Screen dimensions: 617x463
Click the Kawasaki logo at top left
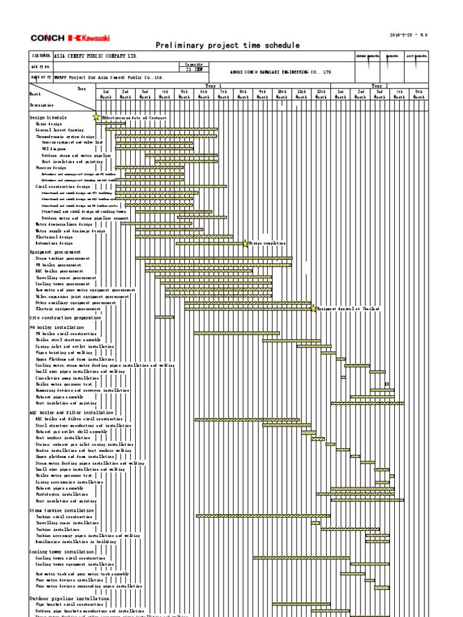[x=90, y=38]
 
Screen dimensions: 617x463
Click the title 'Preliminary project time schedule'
[x=227, y=45]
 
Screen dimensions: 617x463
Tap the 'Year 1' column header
[x=213, y=86]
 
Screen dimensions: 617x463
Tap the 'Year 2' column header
[x=380, y=86]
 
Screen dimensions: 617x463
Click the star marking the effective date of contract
[x=96, y=117]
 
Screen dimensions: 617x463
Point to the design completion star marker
[x=245, y=243]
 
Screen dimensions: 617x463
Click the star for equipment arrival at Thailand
[x=313, y=308]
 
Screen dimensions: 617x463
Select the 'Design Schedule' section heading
[x=49, y=117]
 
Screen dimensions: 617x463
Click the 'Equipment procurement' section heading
[x=55, y=252]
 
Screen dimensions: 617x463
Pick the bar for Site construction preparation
[x=164, y=317]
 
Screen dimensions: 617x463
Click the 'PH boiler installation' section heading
[x=57, y=327]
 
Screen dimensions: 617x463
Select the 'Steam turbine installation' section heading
[x=61, y=510]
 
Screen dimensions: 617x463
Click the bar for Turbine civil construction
[x=263, y=516]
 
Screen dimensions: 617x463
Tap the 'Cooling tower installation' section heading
[x=61, y=551]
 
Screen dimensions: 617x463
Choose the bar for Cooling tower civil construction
[x=301, y=558]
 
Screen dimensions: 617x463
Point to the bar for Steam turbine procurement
[x=213, y=258]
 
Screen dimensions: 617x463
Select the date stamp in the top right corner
[x=408, y=35]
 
